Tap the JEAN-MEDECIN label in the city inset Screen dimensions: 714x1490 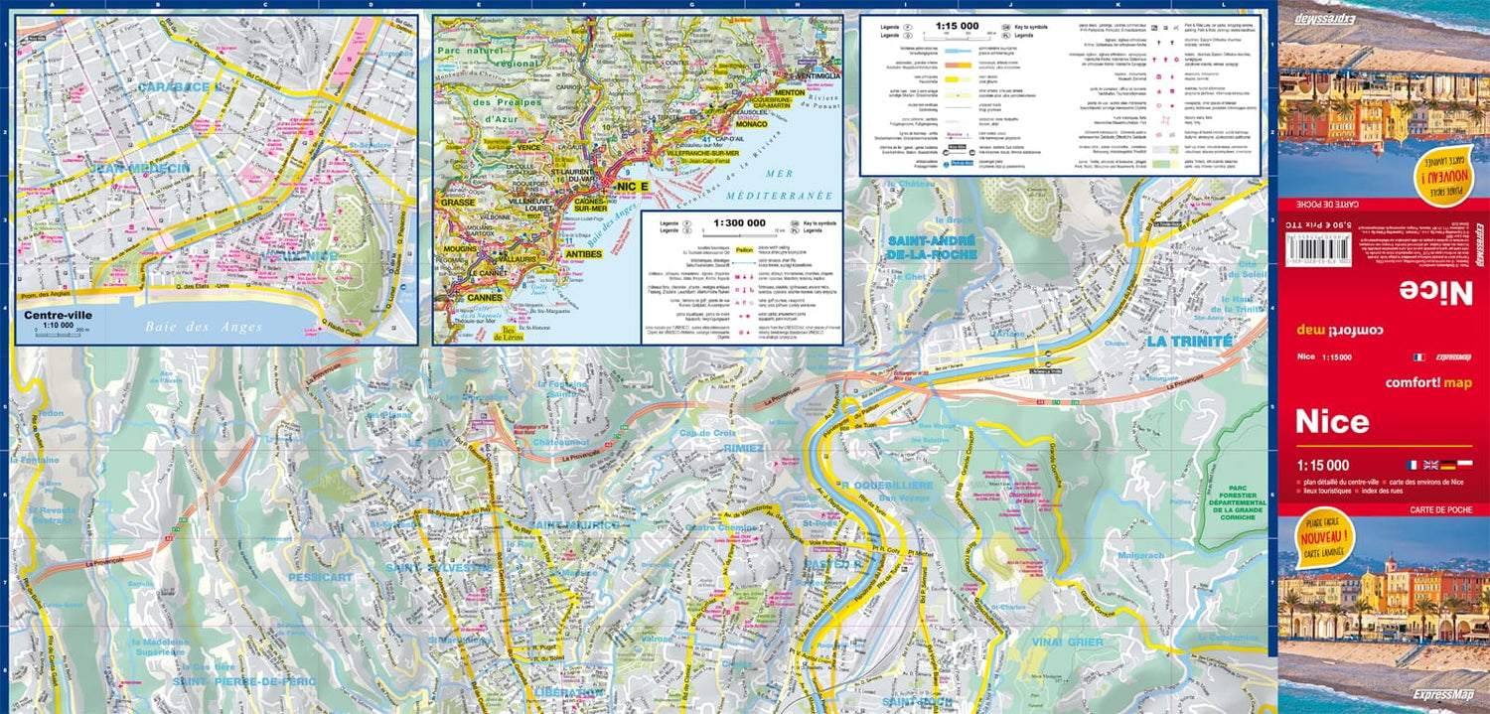pyautogui.click(x=139, y=169)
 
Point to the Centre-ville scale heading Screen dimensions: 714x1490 pyautogui.click(x=59, y=316)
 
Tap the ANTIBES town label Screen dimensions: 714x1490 pyautogui.click(x=584, y=254)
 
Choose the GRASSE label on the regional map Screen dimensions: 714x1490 pyautogui.click(x=458, y=202)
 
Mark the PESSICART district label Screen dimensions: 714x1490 pyautogui.click(x=321, y=576)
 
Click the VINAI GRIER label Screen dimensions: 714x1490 pyautogui.click(x=1068, y=643)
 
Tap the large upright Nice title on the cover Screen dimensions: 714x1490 pyautogui.click(x=1332, y=421)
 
